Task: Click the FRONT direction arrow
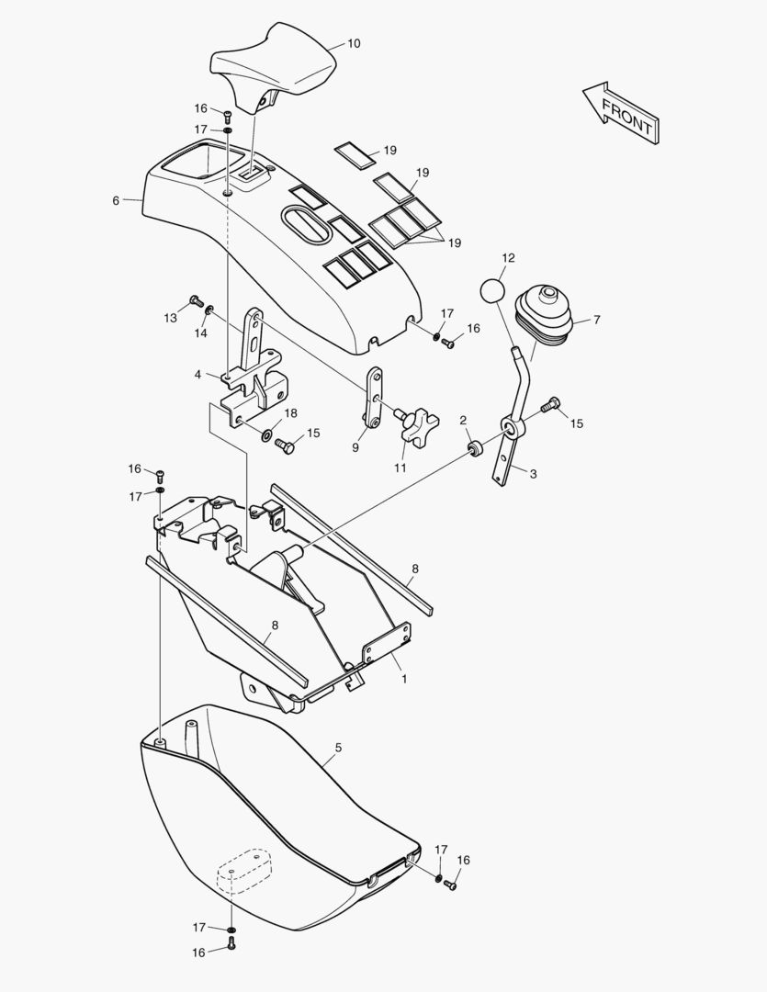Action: coord(622,113)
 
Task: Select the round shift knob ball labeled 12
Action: coord(493,291)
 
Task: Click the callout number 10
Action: coord(354,44)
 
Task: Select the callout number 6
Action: coord(116,200)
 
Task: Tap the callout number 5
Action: coord(339,748)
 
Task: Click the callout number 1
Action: coord(404,680)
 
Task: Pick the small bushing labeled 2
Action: coord(475,448)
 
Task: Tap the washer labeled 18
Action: coord(267,434)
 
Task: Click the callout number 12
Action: coord(508,258)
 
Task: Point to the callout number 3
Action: coord(533,474)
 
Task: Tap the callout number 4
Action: coord(198,375)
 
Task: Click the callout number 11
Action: coord(400,468)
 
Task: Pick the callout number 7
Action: coord(596,321)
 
